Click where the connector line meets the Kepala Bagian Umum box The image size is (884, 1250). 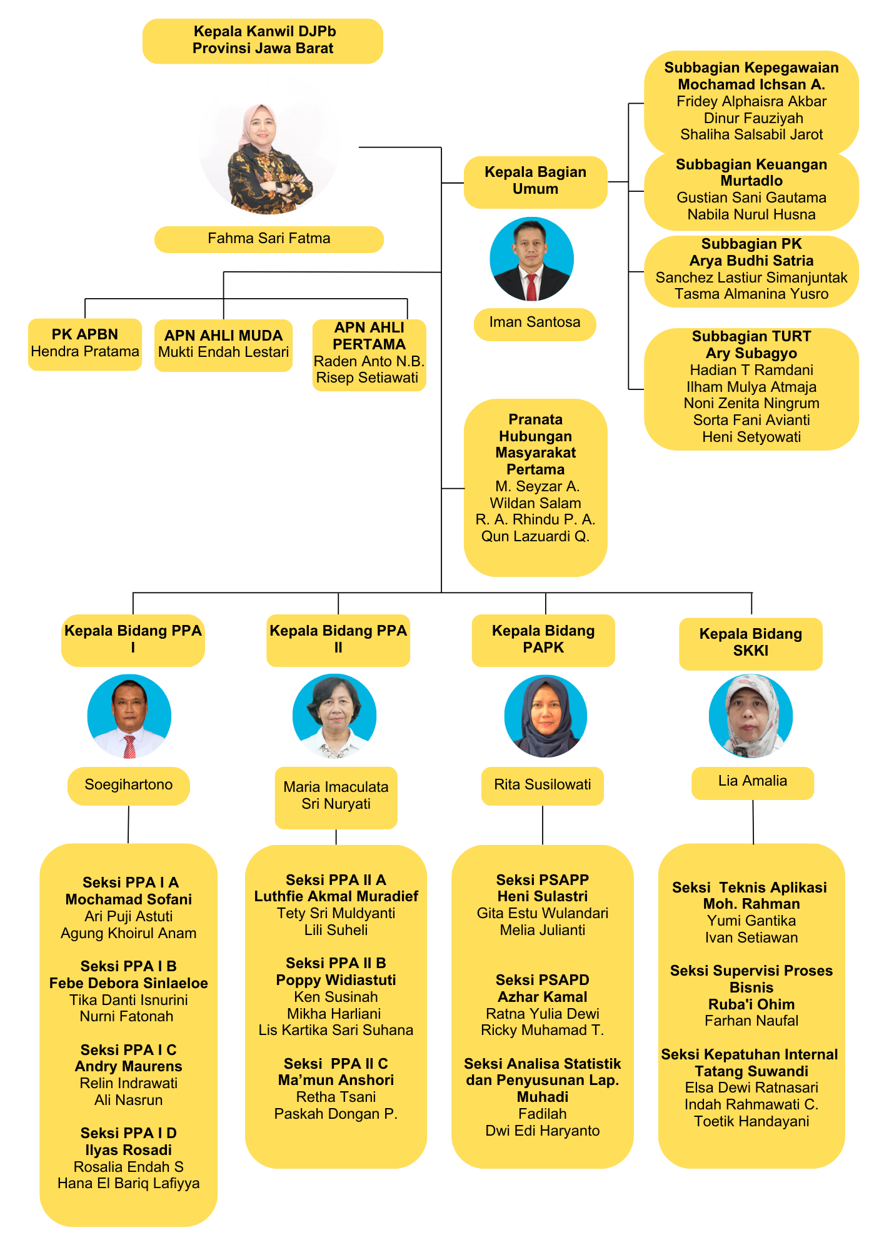click(x=464, y=182)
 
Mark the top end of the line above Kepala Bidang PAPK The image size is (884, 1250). click(x=546, y=592)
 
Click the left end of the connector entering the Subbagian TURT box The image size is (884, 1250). click(x=628, y=389)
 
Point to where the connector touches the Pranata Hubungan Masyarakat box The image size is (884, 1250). click(x=464, y=488)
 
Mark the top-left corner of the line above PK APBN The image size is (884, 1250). click(x=85, y=299)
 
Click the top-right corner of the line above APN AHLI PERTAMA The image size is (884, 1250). click(x=408, y=299)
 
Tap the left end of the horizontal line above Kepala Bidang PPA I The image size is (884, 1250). click(x=133, y=592)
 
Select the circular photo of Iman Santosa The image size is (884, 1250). click(x=531, y=259)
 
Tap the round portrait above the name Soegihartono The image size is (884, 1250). click(x=129, y=716)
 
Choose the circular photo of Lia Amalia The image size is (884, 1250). click(x=751, y=716)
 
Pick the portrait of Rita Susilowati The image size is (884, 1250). click(x=545, y=716)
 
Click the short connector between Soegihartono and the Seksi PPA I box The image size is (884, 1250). click(x=128, y=825)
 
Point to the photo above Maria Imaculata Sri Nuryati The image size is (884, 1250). click(x=334, y=716)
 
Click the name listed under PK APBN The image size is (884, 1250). click(x=85, y=351)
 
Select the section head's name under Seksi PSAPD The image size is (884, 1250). click(x=543, y=997)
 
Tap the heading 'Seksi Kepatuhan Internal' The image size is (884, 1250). click(x=750, y=1054)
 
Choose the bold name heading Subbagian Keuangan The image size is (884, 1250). click(x=751, y=181)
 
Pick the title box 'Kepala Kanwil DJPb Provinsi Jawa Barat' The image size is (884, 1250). click(x=263, y=41)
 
